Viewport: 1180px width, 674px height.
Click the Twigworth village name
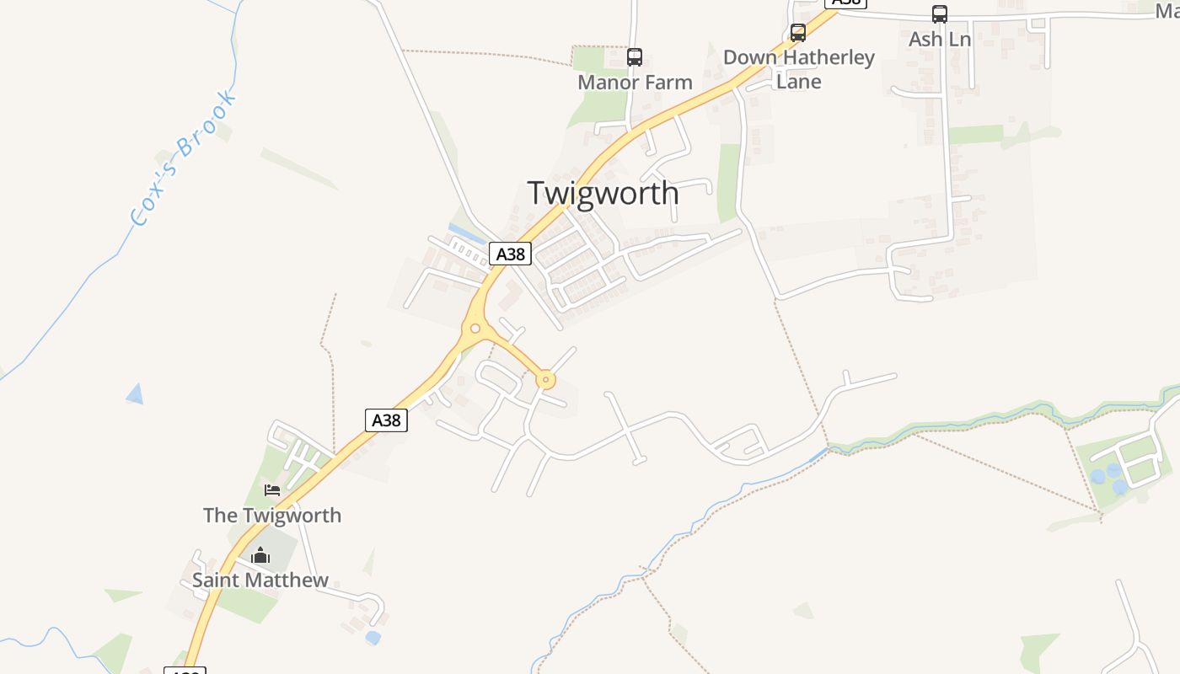tap(603, 193)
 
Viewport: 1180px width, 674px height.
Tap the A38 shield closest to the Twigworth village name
tap(510, 254)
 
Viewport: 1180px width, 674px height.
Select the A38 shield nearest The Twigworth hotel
tap(386, 420)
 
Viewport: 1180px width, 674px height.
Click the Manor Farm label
tap(635, 83)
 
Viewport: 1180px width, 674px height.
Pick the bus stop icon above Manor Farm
tap(635, 57)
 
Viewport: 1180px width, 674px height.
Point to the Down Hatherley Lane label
tap(798, 69)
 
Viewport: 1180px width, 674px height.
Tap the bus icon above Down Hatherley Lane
tap(798, 33)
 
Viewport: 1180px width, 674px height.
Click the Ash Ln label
tap(939, 40)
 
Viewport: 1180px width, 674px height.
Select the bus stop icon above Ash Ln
tap(939, 14)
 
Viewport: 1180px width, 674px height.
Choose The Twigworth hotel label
tap(272, 516)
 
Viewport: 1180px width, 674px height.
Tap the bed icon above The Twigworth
tap(271, 489)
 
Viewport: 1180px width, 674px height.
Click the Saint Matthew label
tap(260, 580)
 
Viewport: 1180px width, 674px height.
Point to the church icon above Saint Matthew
tap(260, 555)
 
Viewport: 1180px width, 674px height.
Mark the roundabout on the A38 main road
tap(475, 329)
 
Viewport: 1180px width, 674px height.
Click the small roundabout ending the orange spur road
tap(545, 381)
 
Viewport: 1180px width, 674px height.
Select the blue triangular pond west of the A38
tap(134, 393)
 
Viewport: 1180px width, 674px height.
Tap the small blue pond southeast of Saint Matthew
tap(373, 638)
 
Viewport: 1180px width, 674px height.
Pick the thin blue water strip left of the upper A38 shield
tap(466, 233)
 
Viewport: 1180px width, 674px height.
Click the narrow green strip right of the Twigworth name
tap(728, 181)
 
